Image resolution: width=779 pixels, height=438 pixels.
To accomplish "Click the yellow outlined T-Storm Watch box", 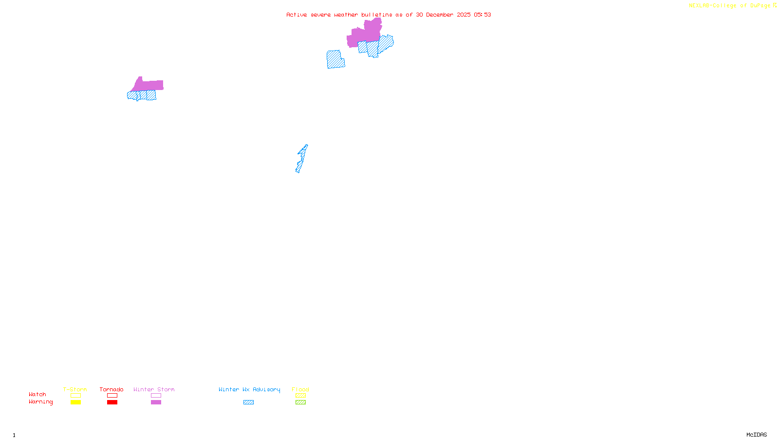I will click(75, 396).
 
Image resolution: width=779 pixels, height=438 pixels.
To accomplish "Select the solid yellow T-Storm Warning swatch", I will click(75, 402).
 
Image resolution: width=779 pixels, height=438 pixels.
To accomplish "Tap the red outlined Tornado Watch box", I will click(112, 396).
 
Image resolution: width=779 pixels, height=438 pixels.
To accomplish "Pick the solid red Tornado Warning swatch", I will click(112, 402).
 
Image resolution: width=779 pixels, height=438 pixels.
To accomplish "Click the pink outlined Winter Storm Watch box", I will click(156, 396).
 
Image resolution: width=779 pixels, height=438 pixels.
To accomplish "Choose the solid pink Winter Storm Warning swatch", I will click(156, 402).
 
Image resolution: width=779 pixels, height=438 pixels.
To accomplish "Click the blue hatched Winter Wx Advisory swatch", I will click(248, 402).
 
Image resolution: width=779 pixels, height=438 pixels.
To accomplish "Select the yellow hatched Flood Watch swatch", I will click(300, 396).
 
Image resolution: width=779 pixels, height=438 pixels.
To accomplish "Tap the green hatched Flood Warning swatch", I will click(300, 402).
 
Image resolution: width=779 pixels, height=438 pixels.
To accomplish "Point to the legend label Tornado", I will click(111, 389).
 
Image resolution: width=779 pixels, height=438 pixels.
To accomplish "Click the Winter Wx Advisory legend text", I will click(249, 389).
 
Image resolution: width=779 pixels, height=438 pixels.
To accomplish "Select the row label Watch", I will click(37, 394).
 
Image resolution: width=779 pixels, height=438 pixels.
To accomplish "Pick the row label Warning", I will click(41, 402).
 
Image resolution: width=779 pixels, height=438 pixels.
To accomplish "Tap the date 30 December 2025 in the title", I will click(443, 15).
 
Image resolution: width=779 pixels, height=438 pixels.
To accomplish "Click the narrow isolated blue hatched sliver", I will click(301, 159).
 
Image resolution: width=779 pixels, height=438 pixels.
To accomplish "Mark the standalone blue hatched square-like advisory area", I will click(335, 59).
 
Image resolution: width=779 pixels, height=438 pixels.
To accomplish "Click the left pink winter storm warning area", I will click(148, 85).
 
